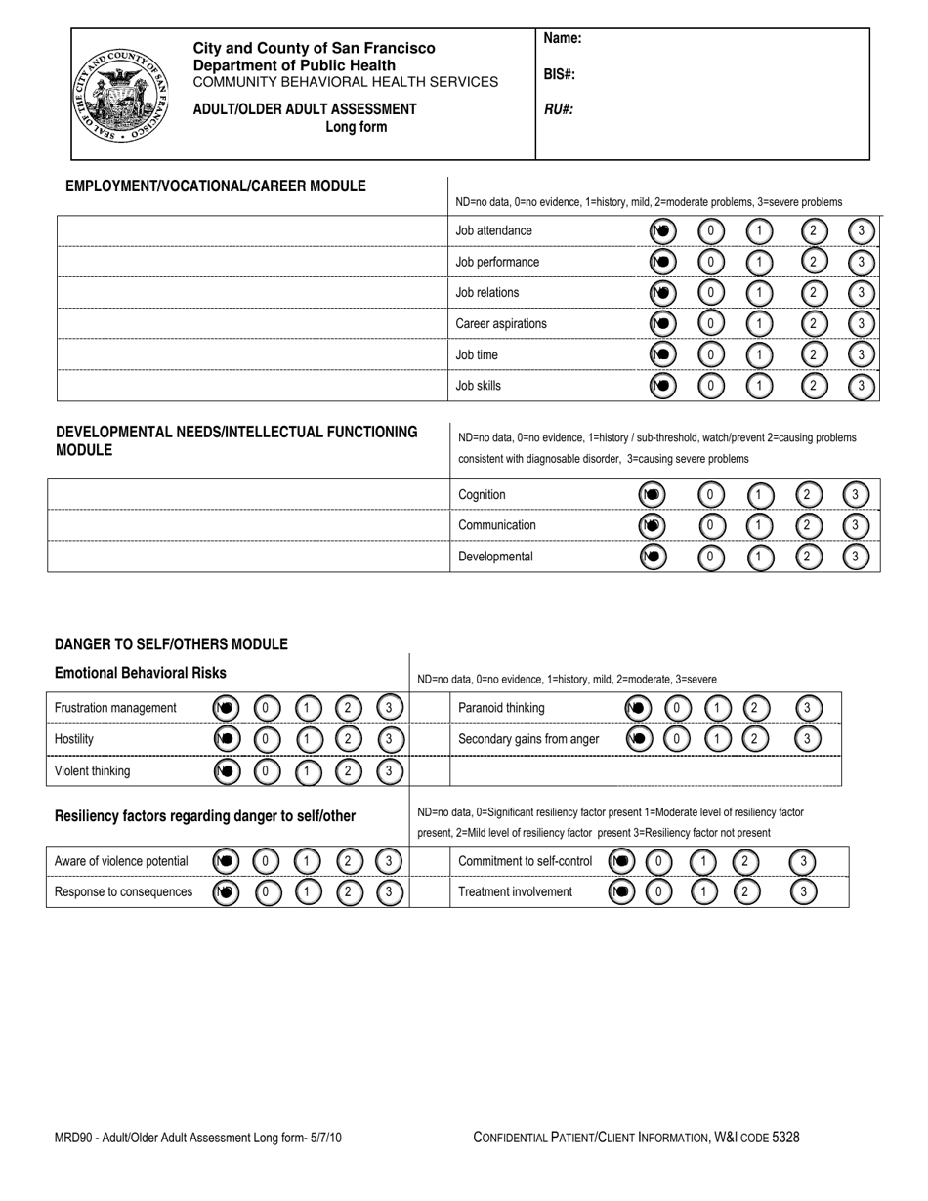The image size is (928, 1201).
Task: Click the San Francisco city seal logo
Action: (121, 95)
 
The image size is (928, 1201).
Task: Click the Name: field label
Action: (563, 39)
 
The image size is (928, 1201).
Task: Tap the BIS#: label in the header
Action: (559, 74)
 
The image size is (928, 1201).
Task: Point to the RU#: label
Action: (558, 109)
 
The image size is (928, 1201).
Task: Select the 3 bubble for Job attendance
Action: (861, 231)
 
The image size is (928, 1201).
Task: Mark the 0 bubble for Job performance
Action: (711, 262)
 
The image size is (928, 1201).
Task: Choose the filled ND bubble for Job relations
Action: (662, 293)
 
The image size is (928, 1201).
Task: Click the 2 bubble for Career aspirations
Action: (813, 324)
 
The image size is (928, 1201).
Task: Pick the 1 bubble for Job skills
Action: (759, 386)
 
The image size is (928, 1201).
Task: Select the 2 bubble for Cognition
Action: (807, 495)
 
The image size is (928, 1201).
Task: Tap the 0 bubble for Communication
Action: (711, 525)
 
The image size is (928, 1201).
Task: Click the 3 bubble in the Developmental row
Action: (856, 557)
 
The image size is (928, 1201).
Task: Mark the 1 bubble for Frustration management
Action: (307, 708)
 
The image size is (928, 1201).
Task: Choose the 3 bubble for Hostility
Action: (389, 739)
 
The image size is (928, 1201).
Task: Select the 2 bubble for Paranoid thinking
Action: (753, 708)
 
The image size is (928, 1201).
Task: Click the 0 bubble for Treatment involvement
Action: (659, 891)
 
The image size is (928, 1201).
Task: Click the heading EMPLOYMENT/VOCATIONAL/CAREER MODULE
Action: (216, 186)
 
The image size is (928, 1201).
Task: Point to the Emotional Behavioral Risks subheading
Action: (141, 673)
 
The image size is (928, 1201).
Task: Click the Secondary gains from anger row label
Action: (528, 739)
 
